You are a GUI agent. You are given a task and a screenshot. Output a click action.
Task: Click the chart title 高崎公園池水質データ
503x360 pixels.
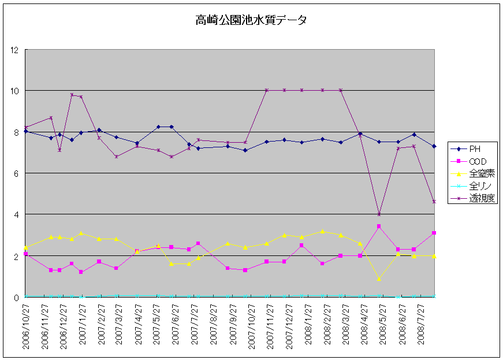[251, 20]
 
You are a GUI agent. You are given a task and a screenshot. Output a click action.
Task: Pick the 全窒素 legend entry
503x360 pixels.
[480, 173]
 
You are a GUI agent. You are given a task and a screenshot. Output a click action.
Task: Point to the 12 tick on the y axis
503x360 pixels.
[14, 50]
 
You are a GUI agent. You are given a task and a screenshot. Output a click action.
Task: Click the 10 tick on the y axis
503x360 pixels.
[14, 91]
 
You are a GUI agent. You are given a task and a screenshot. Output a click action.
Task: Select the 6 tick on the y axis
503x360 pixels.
[17, 173]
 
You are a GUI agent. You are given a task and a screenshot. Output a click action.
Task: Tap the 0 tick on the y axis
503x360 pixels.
[17, 297]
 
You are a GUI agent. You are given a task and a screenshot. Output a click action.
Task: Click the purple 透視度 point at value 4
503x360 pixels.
[379, 214]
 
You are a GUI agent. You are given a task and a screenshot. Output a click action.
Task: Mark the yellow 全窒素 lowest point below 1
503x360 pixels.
[379, 279]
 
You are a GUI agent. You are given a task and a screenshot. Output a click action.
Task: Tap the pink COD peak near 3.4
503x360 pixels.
[379, 227]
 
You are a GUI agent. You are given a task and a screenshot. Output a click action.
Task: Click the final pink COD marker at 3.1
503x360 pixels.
[434, 233]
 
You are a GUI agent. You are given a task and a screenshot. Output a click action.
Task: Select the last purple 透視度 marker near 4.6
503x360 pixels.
[434, 202]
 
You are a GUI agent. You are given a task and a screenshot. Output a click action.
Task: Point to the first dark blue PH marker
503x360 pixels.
[26, 132]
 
